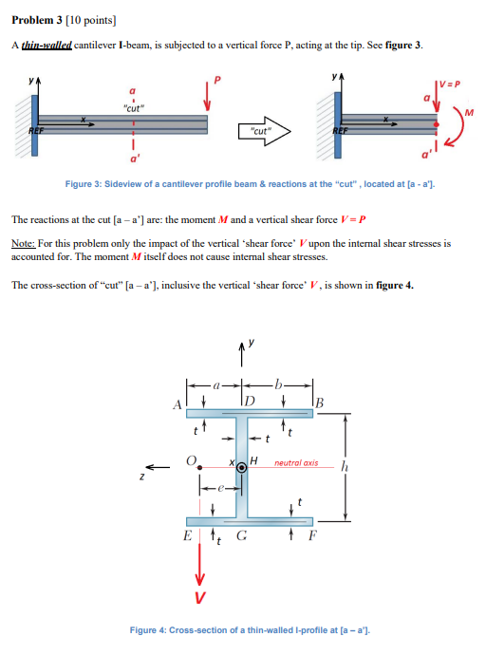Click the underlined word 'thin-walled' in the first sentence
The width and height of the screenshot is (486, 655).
47,46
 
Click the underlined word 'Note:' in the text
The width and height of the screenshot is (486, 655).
24,243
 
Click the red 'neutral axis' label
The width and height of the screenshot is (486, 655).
295,464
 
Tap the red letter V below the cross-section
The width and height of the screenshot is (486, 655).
200,597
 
